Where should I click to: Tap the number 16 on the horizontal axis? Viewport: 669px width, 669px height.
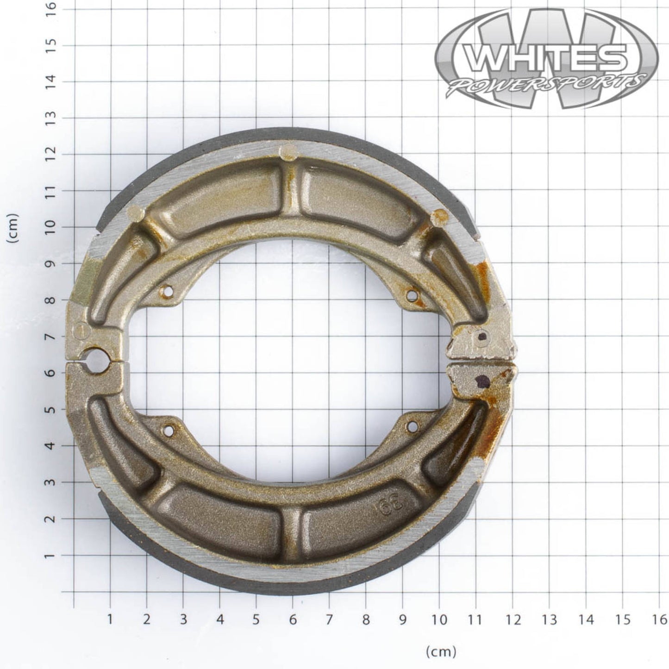tap(659, 619)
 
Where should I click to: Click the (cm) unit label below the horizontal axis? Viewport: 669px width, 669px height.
tap(440, 652)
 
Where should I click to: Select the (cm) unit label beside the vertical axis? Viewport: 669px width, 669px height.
tap(12, 228)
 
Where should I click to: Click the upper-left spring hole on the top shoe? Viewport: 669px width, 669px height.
tap(168, 292)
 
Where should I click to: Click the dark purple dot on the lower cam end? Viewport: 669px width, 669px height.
tap(483, 381)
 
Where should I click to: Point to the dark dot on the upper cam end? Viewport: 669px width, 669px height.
tap(482, 337)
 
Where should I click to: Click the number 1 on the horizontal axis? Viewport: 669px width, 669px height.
tap(110, 619)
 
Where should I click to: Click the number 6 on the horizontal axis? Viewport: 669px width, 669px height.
tap(293, 619)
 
